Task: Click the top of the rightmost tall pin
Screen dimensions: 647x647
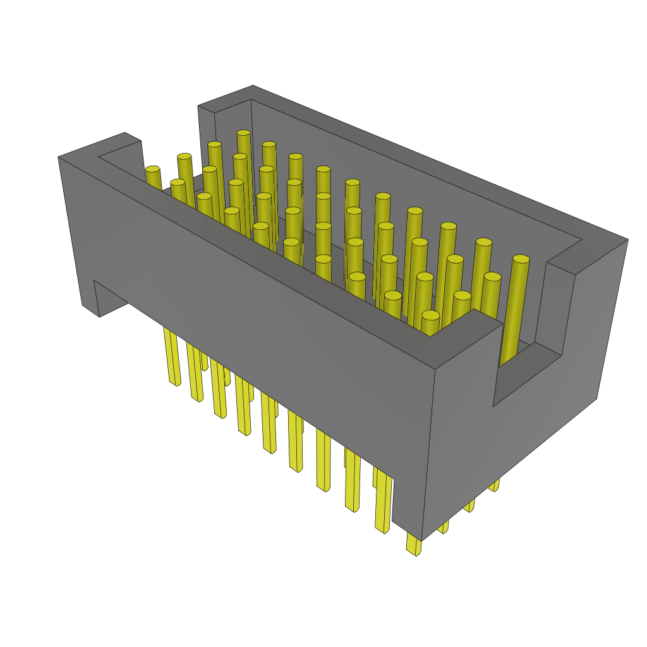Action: [x=521, y=259]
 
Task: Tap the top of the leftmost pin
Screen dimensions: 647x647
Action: [x=153, y=169]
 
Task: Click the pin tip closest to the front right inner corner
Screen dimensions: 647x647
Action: [x=430, y=315]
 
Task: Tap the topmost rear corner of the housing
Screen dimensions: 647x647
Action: [x=253, y=86]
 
